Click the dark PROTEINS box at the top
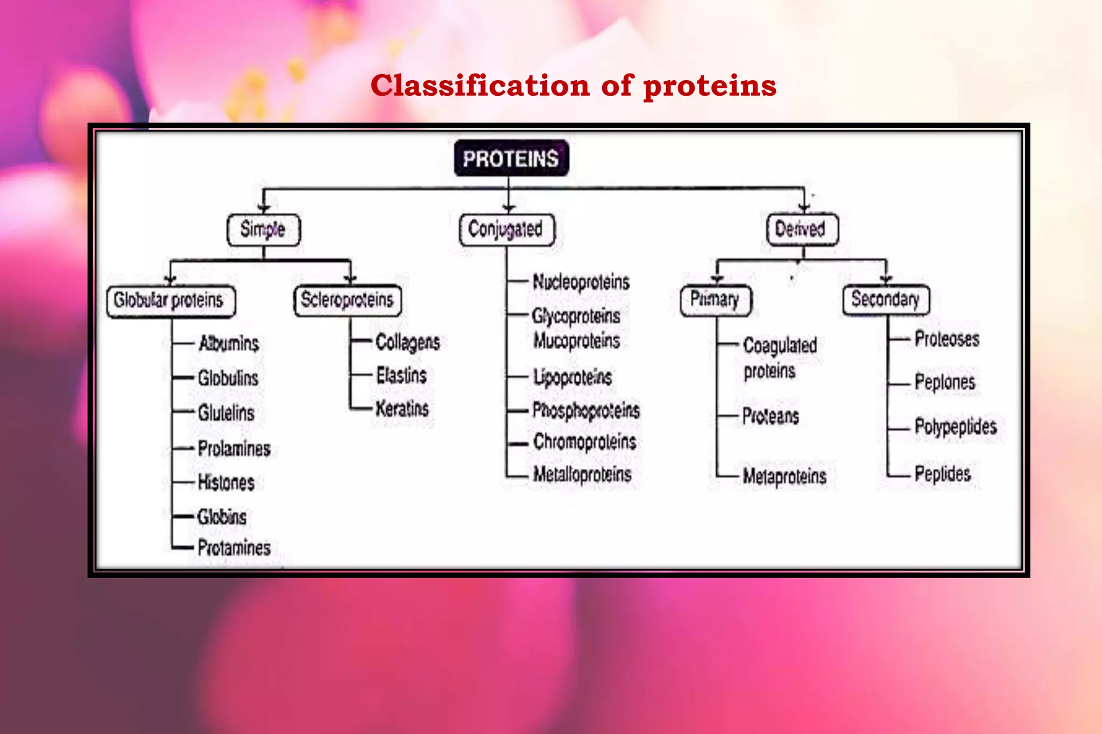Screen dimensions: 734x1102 (511, 159)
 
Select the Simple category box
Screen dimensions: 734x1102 (263, 230)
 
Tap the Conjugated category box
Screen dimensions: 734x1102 (506, 230)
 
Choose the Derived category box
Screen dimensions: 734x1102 (801, 230)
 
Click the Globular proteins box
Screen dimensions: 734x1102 (169, 301)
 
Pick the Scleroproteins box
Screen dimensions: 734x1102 (347, 300)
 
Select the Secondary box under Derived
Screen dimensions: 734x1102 (885, 300)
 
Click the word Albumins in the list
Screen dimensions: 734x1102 (229, 343)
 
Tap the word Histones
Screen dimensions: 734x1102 (226, 482)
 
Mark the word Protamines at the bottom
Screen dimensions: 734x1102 (234, 548)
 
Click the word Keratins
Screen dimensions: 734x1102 (402, 409)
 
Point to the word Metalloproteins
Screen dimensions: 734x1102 (582, 474)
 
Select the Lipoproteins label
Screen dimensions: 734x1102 (573, 377)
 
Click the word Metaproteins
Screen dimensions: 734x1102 (785, 476)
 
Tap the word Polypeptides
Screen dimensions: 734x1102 (956, 427)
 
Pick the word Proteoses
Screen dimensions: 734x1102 (947, 339)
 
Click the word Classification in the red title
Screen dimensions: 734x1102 (480, 86)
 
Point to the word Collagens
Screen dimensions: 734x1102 (407, 343)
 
